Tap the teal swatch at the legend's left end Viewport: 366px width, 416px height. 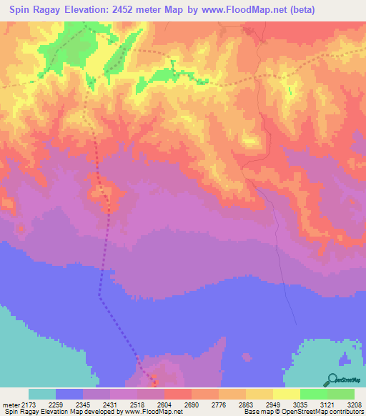point(42,394)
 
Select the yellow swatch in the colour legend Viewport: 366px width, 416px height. point(287,394)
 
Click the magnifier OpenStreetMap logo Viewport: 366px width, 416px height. point(332,380)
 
